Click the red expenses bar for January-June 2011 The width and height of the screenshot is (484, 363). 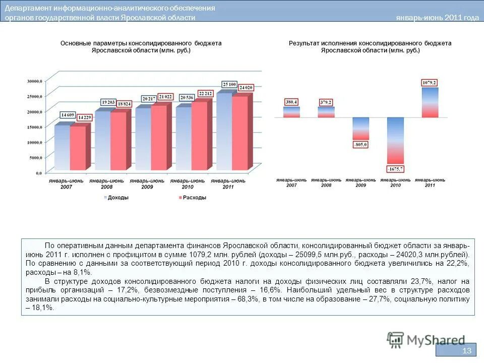(240, 134)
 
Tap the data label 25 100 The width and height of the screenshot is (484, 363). (230, 84)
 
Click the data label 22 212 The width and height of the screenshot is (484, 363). (205, 93)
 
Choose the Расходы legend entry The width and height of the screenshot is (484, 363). (193, 198)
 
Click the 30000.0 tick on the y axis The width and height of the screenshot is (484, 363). (34, 81)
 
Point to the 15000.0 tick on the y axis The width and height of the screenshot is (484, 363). (34, 127)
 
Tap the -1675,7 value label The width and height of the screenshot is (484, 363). (395, 168)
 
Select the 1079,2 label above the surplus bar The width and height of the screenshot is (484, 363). (430, 83)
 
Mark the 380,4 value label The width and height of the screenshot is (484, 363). (291, 102)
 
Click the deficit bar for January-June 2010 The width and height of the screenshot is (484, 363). (395, 140)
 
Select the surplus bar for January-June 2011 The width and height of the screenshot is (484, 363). (430, 102)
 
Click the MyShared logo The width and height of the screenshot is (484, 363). (426, 340)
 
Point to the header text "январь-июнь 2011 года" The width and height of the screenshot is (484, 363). (437, 18)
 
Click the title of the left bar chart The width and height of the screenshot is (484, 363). (141, 47)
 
